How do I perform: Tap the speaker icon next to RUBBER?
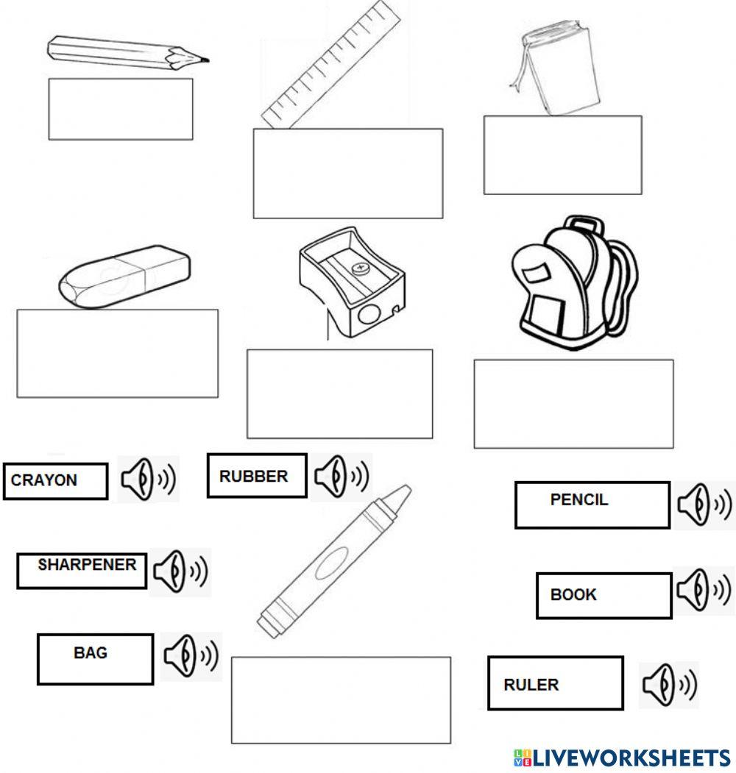coord(342,477)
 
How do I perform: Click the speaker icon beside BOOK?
coord(703,589)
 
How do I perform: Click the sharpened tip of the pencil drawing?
coord(202,59)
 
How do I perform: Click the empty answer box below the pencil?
coord(121,109)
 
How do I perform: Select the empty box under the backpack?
coord(573,403)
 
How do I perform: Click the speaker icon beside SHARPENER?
coord(180,571)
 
